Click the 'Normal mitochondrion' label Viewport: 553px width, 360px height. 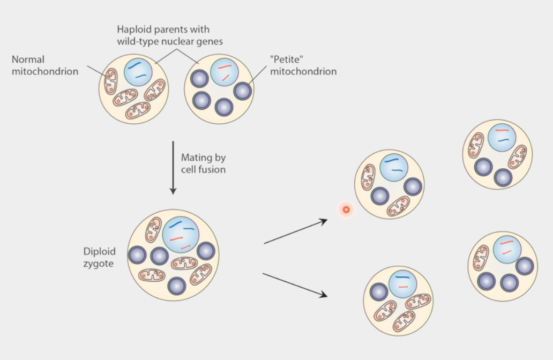pos(44,65)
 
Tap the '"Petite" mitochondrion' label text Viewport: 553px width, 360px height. pos(303,65)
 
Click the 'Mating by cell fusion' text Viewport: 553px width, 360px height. pos(203,163)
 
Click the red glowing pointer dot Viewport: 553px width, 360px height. pos(346,209)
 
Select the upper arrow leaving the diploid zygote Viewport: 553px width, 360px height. pos(295,231)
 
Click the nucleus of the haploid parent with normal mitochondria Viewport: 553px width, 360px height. pos(138,71)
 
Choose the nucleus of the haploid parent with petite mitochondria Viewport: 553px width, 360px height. pos(225,72)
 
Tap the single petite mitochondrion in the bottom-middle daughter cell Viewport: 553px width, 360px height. pos(379,292)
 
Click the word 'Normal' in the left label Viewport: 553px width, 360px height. pos(28,59)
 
